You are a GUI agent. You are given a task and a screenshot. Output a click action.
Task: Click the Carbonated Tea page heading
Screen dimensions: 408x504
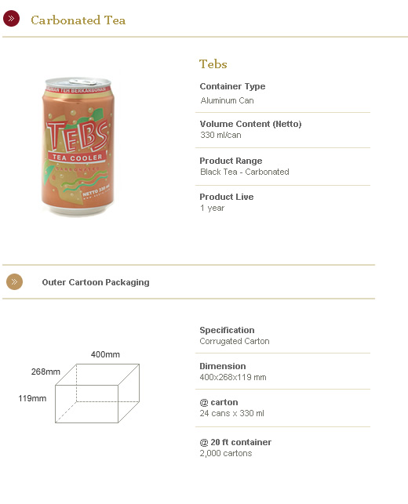point(78,20)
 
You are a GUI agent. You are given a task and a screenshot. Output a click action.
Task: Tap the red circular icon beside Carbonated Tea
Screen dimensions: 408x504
point(12,19)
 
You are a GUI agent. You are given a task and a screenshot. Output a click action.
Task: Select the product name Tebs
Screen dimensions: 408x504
point(213,64)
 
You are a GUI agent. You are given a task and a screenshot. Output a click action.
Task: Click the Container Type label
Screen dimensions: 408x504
point(232,86)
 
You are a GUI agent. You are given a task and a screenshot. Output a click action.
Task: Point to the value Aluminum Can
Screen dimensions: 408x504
point(227,100)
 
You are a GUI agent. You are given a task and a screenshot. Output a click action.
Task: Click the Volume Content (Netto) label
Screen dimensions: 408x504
point(250,124)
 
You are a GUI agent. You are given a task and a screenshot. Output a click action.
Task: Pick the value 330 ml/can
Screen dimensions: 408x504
point(220,135)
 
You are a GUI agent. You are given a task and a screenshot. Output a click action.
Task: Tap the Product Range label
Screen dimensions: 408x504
point(231,161)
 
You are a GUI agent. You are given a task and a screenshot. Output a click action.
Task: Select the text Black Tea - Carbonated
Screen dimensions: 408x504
point(244,172)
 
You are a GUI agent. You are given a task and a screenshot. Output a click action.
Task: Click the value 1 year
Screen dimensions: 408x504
point(212,208)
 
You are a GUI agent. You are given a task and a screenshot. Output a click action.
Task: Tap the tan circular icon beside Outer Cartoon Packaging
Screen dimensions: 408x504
point(14,281)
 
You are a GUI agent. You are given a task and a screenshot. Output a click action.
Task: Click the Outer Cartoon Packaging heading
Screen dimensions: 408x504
point(95,282)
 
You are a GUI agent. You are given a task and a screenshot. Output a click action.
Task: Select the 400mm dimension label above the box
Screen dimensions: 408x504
point(105,355)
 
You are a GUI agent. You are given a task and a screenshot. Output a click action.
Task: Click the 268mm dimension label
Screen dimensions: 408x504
point(46,372)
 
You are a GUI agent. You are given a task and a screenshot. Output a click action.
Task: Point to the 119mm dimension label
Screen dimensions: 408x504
point(32,398)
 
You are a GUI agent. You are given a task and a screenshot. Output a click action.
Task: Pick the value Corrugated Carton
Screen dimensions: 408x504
point(234,341)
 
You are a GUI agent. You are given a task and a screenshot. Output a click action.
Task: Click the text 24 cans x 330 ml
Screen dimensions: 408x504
point(231,413)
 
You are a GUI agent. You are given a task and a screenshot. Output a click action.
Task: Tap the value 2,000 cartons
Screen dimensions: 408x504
point(225,453)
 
